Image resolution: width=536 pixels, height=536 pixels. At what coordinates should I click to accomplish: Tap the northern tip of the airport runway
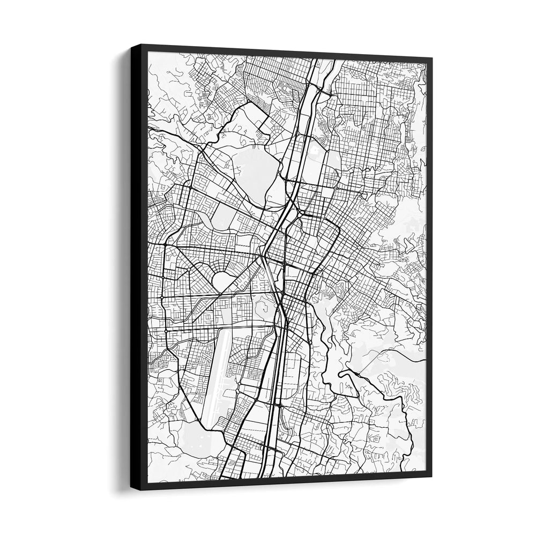(x=228, y=330)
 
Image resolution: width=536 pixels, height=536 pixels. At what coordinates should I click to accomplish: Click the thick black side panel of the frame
(x=138, y=268)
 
